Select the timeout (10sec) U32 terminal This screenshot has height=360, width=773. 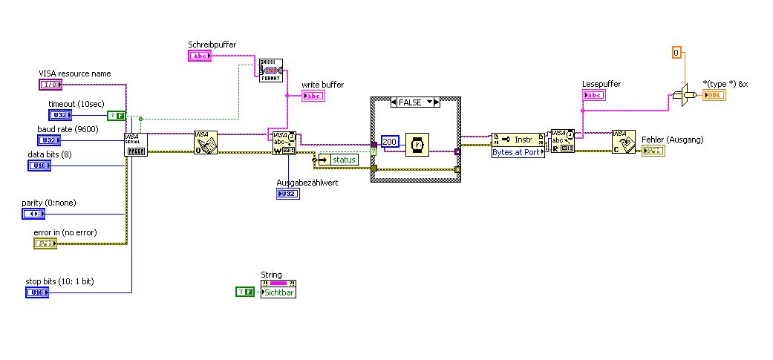(x=60, y=115)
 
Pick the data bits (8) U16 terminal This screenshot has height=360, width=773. (x=39, y=166)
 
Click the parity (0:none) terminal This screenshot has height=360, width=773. (x=33, y=214)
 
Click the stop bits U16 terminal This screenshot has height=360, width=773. (x=37, y=292)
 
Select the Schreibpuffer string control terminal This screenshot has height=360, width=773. (x=199, y=56)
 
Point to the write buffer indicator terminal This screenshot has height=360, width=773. (x=313, y=96)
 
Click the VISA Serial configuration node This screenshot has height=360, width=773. (x=137, y=145)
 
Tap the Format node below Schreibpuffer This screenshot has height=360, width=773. (x=271, y=70)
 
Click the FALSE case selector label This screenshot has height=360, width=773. (x=415, y=102)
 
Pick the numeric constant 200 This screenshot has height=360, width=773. (x=391, y=141)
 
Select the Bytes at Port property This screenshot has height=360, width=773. (x=518, y=152)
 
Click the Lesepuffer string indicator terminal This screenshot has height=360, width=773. (x=594, y=95)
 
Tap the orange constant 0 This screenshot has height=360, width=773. (x=676, y=53)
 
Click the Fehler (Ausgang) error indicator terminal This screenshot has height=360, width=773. (x=653, y=151)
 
